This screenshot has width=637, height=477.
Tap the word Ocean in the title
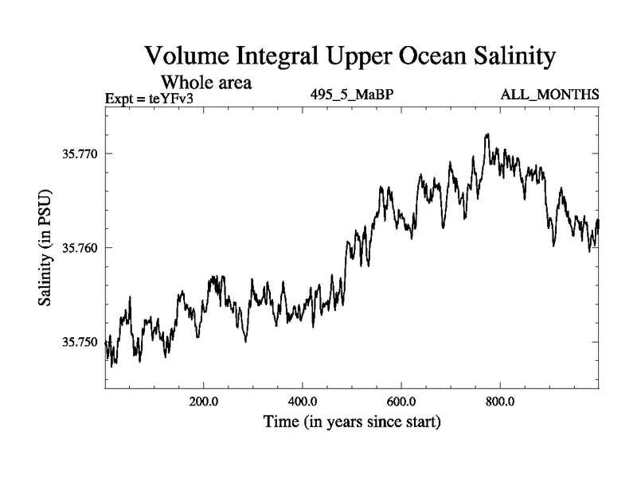tap(424, 56)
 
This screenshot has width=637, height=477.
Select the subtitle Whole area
tap(207, 82)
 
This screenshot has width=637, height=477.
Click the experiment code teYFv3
tap(170, 99)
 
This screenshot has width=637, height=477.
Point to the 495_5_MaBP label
tap(352, 95)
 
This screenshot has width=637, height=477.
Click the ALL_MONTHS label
tap(549, 95)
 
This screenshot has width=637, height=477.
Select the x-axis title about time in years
tap(352, 421)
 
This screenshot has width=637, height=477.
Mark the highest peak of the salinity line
tap(487, 134)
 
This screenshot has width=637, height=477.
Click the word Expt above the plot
tap(119, 99)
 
